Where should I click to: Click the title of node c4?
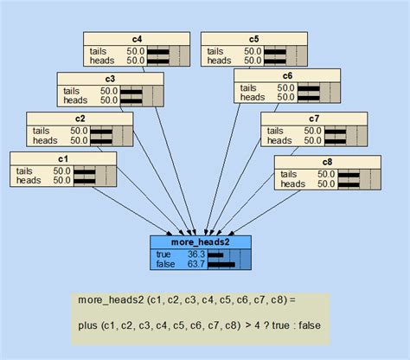click(x=136, y=38)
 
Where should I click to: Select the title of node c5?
click(x=253, y=38)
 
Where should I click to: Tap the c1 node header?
click(x=61, y=158)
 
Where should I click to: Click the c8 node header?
click(x=326, y=162)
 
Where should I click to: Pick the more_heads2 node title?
click(x=202, y=241)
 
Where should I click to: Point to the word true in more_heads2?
click(x=163, y=254)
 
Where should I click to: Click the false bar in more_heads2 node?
click(x=221, y=264)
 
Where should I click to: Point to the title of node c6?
click(x=286, y=75)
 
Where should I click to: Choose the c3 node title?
click(x=109, y=78)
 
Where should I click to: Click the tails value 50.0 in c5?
click(x=253, y=50)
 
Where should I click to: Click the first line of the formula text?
click(x=186, y=299)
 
